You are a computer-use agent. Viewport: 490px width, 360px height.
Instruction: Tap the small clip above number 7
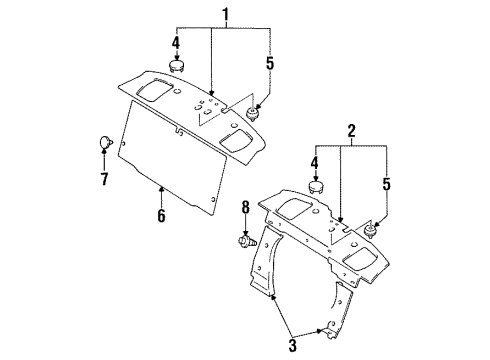[x=104, y=140]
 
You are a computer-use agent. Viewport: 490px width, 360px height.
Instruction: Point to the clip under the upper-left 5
[x=255, y=111]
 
